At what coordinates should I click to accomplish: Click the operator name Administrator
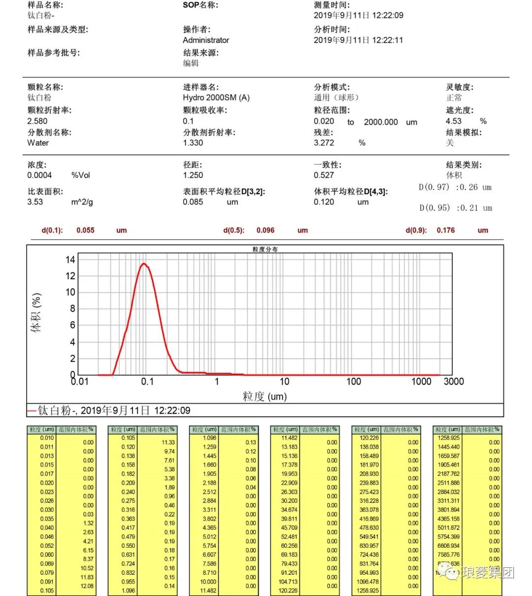(206, 40)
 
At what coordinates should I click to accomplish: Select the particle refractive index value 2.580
(37, 121)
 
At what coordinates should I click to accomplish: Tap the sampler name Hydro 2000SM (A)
(216, 98)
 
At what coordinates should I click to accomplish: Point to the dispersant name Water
(38, 143)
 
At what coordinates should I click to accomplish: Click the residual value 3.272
(324, 143)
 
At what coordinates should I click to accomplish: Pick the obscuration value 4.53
(454, 121)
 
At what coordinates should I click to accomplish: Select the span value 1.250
(193, 175)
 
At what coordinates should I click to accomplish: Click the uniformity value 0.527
(324, 175)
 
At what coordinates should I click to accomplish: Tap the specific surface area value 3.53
(35, 202)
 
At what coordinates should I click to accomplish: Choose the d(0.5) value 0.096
(266, 230)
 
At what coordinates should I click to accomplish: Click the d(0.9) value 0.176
(445, 230)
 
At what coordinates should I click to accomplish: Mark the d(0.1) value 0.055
(85, 230)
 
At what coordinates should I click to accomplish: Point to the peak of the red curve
(144, 264)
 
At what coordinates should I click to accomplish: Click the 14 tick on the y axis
(70, 260)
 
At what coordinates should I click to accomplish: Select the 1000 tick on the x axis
(421, 381)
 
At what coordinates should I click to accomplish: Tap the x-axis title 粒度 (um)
(265, 397)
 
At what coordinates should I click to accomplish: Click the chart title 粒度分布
(265, 249)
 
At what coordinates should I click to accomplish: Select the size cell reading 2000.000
(381, 122)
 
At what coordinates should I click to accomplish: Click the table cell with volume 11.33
(168, 442)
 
